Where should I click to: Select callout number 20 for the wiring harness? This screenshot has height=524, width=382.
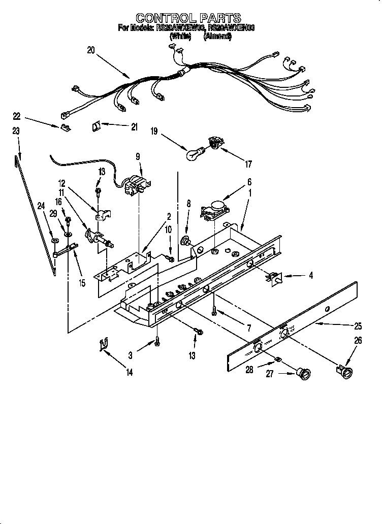(x=91, y=50)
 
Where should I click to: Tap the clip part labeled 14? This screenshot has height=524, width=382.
(x=104, y=346)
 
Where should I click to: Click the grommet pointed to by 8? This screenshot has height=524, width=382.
(x=186, y=240)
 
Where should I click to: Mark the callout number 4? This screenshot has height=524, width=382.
(x=310, y=276)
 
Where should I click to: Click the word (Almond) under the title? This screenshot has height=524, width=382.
(x=217, y=37)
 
